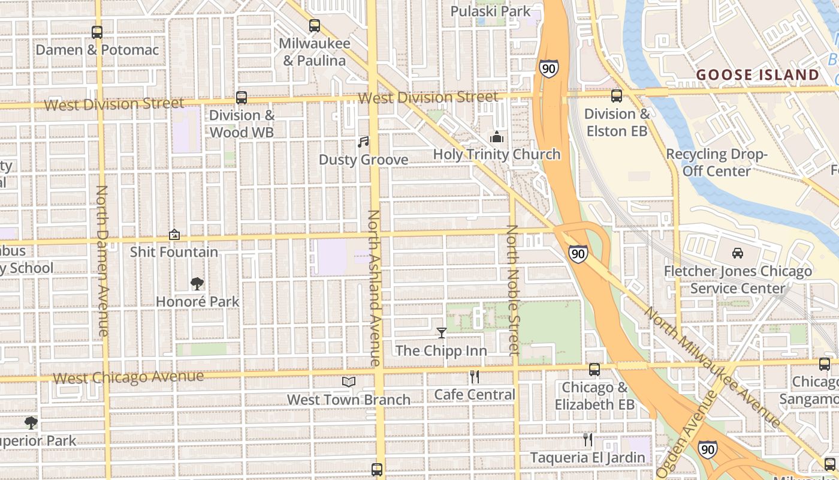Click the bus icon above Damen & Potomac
coord(96,32)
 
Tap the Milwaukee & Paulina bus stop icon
coord(314,26)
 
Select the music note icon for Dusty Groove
coord(363,142)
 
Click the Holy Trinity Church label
coord(497,154)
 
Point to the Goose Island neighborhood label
coord(757,75)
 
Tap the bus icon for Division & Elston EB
coord(616,96)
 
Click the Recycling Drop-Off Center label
coord(717,163)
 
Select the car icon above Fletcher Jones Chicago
coord(738,253)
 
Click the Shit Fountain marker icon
coord(174,235)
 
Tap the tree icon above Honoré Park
coord(197,284)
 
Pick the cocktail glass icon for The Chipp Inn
coord(442,333)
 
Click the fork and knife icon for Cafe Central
coord(475,377)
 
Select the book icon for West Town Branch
coord(349,382)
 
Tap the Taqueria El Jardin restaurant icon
coord(587,440)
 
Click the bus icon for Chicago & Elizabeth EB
coord(594,370)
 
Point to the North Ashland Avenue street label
coord(374,288)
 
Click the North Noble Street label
coord(512,290)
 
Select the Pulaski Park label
coord(490,11)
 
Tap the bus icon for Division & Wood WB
coord(242,97)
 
